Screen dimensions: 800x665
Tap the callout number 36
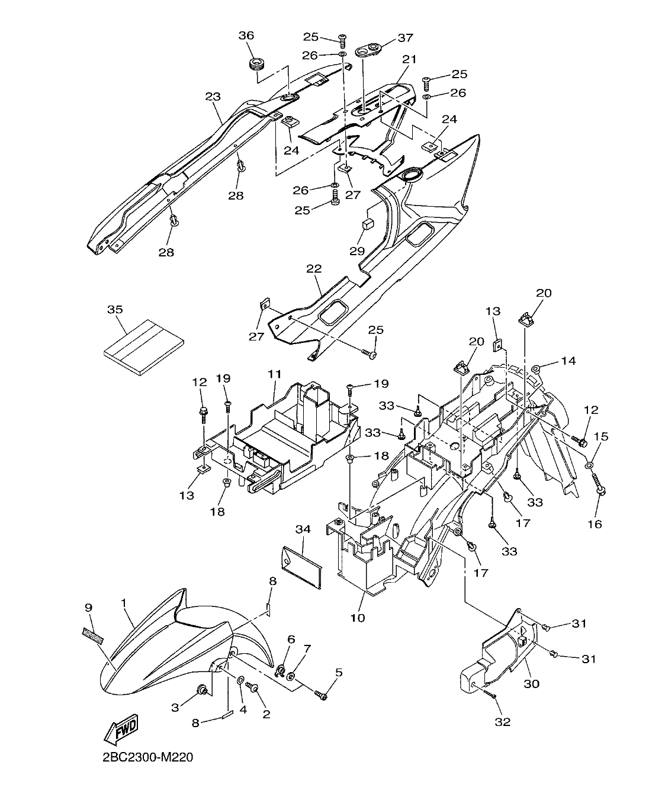[246, 36]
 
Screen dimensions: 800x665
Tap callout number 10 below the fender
[357, 618]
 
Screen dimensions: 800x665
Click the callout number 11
[274, 375]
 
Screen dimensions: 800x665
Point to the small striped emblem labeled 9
[92, 635]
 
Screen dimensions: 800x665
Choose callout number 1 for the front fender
[124, 602]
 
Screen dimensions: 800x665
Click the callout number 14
[568, 361]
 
